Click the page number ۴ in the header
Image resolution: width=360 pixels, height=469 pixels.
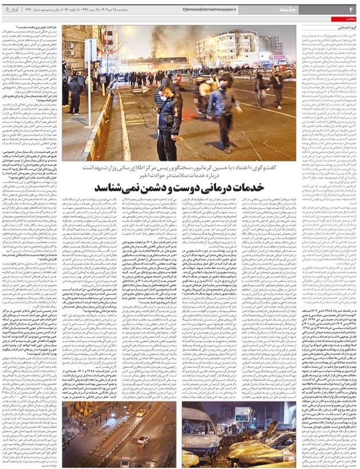[x=351, y=10]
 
